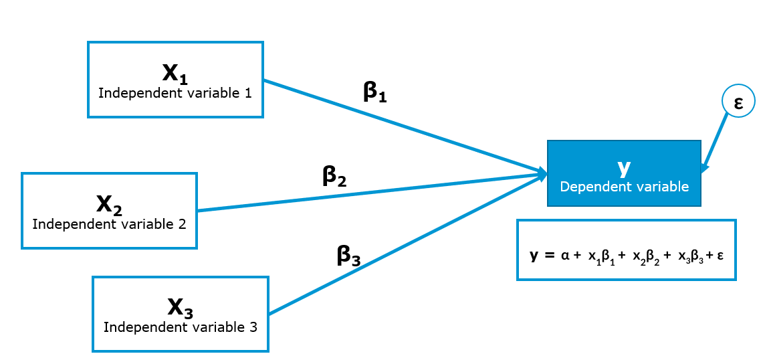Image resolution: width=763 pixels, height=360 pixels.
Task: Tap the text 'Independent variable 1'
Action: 175,93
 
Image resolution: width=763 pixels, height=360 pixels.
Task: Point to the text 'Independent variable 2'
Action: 109,223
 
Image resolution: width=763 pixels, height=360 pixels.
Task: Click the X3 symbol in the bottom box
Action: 181,308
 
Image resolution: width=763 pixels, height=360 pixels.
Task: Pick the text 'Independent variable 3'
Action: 181,327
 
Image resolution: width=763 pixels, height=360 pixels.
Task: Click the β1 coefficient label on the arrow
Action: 375,92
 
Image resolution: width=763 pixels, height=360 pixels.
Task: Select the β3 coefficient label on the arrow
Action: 348,256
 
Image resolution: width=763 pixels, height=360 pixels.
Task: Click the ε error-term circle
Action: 738,102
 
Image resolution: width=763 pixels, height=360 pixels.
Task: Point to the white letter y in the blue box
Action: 623,168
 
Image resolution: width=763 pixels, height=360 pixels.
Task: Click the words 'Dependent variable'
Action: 624,187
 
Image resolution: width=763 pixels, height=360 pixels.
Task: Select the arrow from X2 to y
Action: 368,193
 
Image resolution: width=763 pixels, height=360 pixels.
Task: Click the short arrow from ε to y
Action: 715,143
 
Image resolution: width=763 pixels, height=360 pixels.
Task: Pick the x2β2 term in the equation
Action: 647,256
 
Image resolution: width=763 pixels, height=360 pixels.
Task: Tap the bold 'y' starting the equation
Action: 534,256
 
